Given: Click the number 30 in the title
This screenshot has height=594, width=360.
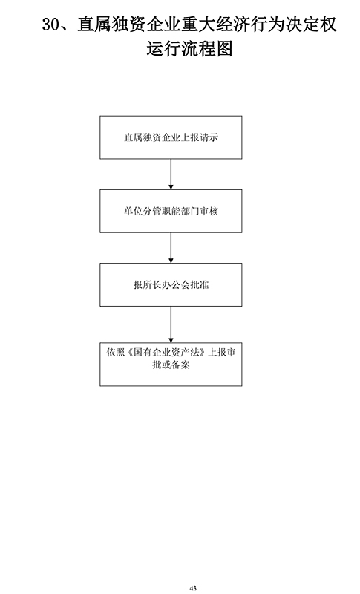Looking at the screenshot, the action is [x=50, y=25].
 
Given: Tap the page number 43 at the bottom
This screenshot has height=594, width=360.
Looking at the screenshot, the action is [x=193, y=588].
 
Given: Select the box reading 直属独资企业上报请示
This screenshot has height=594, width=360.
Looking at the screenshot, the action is [x=171, y=137].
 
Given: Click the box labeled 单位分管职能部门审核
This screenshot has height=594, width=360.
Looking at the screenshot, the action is [x=171, y=211].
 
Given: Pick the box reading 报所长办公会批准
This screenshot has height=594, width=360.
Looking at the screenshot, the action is [x=171, y=284].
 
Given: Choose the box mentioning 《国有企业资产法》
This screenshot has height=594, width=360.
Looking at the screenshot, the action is [x=171, y=365].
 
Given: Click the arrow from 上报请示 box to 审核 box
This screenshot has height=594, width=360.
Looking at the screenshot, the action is [x=171, y=174].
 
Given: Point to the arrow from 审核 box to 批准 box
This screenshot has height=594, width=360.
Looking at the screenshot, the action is [x=171, y=248].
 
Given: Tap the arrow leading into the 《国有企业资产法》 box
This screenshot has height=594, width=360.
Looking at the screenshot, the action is [x=171, y=324].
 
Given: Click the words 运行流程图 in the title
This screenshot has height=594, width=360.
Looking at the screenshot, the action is [x=189, y=49].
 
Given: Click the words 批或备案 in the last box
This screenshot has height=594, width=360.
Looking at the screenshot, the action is [x=171, y=365].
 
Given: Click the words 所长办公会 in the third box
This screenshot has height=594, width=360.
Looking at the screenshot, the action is [x=166, y=284].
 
